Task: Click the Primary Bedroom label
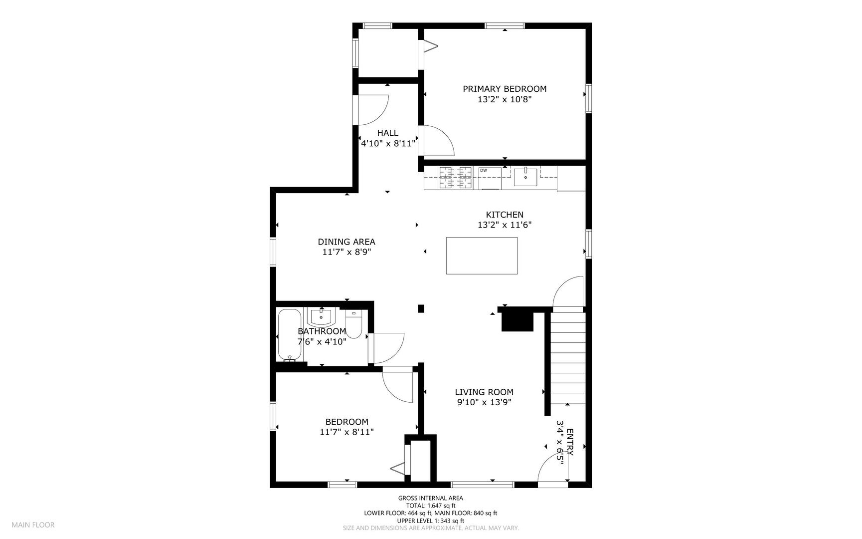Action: (505, 89)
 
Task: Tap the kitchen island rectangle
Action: (482, 256)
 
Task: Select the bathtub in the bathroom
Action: (289, 335)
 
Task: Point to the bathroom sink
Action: (322, 316)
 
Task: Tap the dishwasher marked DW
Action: (490, 178)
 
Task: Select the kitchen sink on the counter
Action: (525, 176)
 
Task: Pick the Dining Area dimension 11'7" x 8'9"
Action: (346, 253)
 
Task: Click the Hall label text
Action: (387, 133)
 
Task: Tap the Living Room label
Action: (484, 392)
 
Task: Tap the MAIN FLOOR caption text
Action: (33, 525)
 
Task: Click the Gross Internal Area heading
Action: (430, 498)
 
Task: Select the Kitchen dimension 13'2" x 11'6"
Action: (505, 225)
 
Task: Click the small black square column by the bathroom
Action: (421, 308)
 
